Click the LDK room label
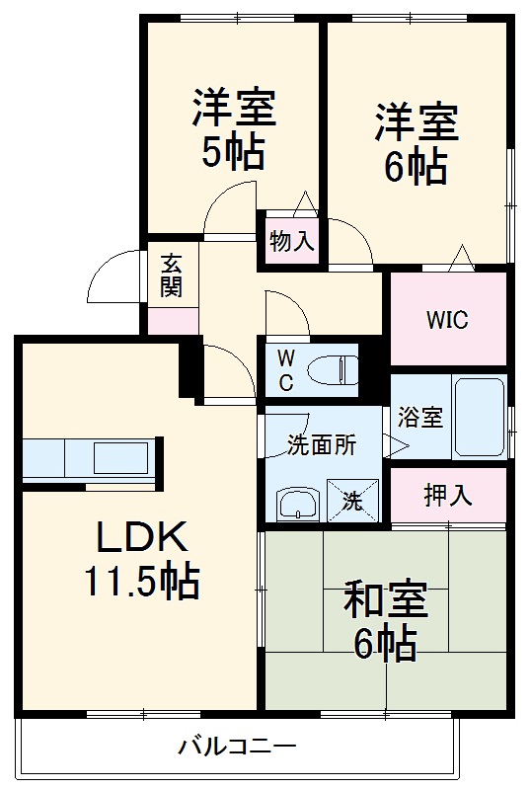tap(140, 539)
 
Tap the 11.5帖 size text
tap(140, 583)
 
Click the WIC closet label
tap(447, 321)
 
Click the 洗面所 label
tap(321, 445)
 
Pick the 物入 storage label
tap(291, 240)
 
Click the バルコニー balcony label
tap(237, 746)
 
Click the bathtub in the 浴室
tap(479, 417)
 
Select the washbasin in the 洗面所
tap(296, 504)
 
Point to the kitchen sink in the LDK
tap(118, 459)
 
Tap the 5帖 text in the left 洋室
tap(233, 151)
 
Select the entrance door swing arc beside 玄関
tap(114, 276)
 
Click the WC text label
tap(284, 370)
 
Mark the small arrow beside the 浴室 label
tap(399, 447)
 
